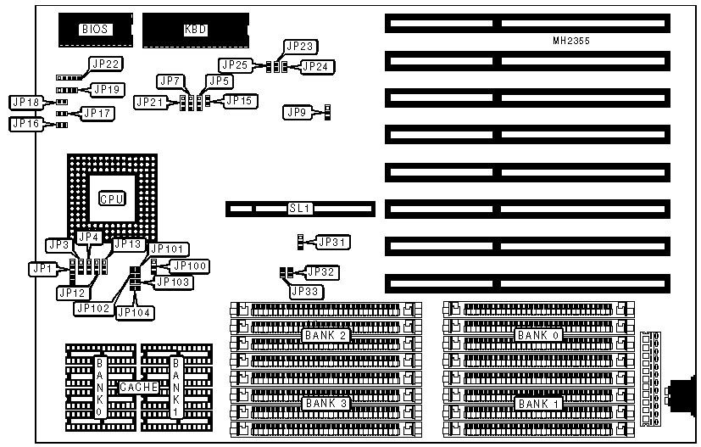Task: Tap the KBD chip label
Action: coord(196,30)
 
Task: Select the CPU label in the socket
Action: coord(112,198)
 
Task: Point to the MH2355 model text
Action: coord(570,41)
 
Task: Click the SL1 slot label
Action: coord(302,208)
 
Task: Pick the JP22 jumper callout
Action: coord(108,64)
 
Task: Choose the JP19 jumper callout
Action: coord(108,88)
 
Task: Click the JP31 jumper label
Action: coord(332,243)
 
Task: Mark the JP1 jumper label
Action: coord(42,269)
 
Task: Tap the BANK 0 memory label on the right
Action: coord(538,335)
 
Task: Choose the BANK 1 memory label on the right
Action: coord(538,404)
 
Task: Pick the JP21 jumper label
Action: coord(151,103)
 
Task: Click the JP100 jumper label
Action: coord(192,266)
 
